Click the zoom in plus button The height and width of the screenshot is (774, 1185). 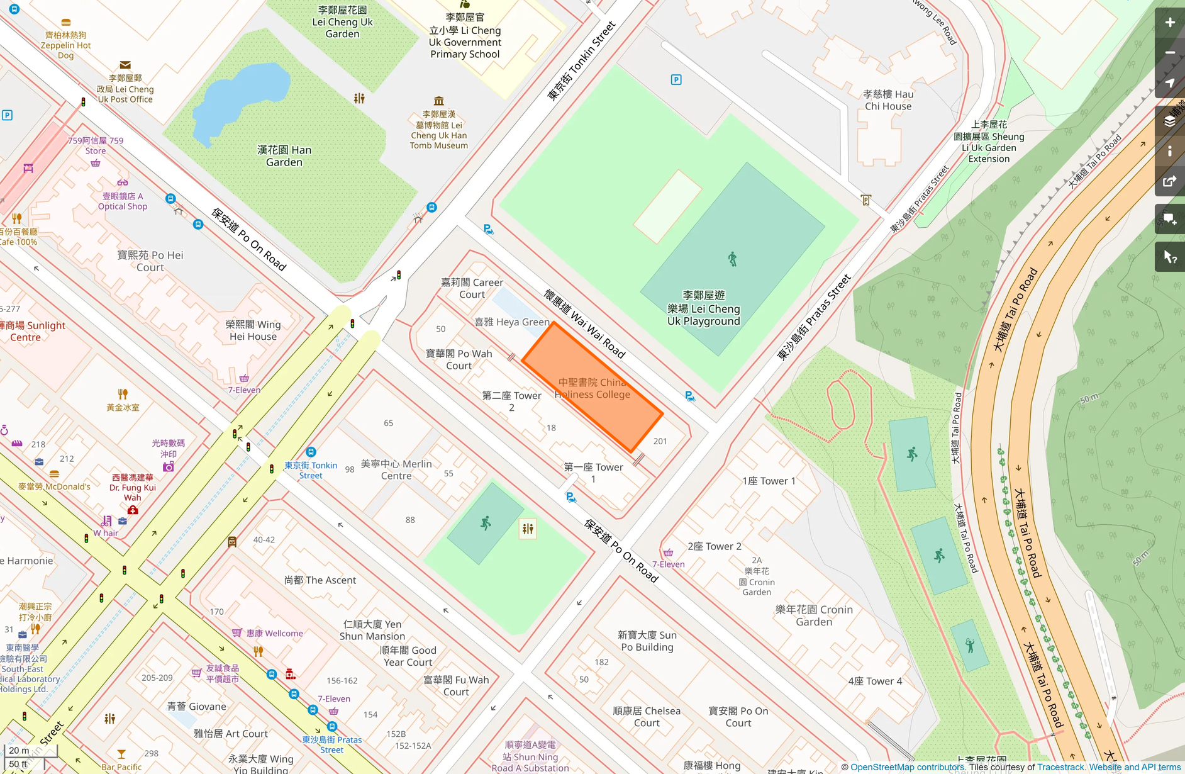tap(1169, 23)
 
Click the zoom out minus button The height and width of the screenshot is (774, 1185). tap(1169, 53)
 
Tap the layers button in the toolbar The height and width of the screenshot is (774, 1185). tap(1169, 121)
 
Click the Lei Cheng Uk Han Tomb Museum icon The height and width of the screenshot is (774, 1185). tap(439, 101)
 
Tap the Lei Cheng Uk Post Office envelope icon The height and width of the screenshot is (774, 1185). tap(125, 65)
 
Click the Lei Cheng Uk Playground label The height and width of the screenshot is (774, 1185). tap(703, 308)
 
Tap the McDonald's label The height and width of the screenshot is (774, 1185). tap(54, 486)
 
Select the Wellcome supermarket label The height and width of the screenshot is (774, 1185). tap(274, 633)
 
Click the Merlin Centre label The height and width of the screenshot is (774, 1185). tap(396, 469)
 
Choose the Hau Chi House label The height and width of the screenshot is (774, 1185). tap(888, 100)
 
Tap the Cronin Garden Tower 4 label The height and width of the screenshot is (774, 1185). tap(874, 681)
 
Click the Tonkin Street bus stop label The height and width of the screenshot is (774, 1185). tap(311, 470)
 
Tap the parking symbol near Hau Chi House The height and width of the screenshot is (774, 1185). tap(676, 80)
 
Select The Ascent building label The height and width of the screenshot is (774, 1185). tap(320, 580)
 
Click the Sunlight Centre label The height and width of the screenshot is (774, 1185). tap(31, 331)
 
